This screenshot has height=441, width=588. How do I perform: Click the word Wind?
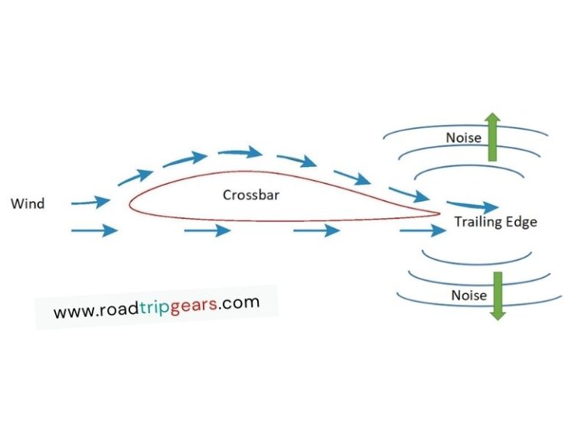(x=28, y=204)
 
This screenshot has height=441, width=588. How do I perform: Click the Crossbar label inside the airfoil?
(x=251, y=194)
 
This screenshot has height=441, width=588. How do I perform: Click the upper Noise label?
(x=464, y=138)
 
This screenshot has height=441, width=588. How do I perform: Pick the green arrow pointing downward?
(x=498, y=295)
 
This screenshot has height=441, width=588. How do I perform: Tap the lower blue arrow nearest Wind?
(x=94, y=230)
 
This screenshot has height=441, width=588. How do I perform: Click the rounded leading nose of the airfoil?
(x=131, y=204)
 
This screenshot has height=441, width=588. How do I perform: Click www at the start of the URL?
(x=70, y=313)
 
